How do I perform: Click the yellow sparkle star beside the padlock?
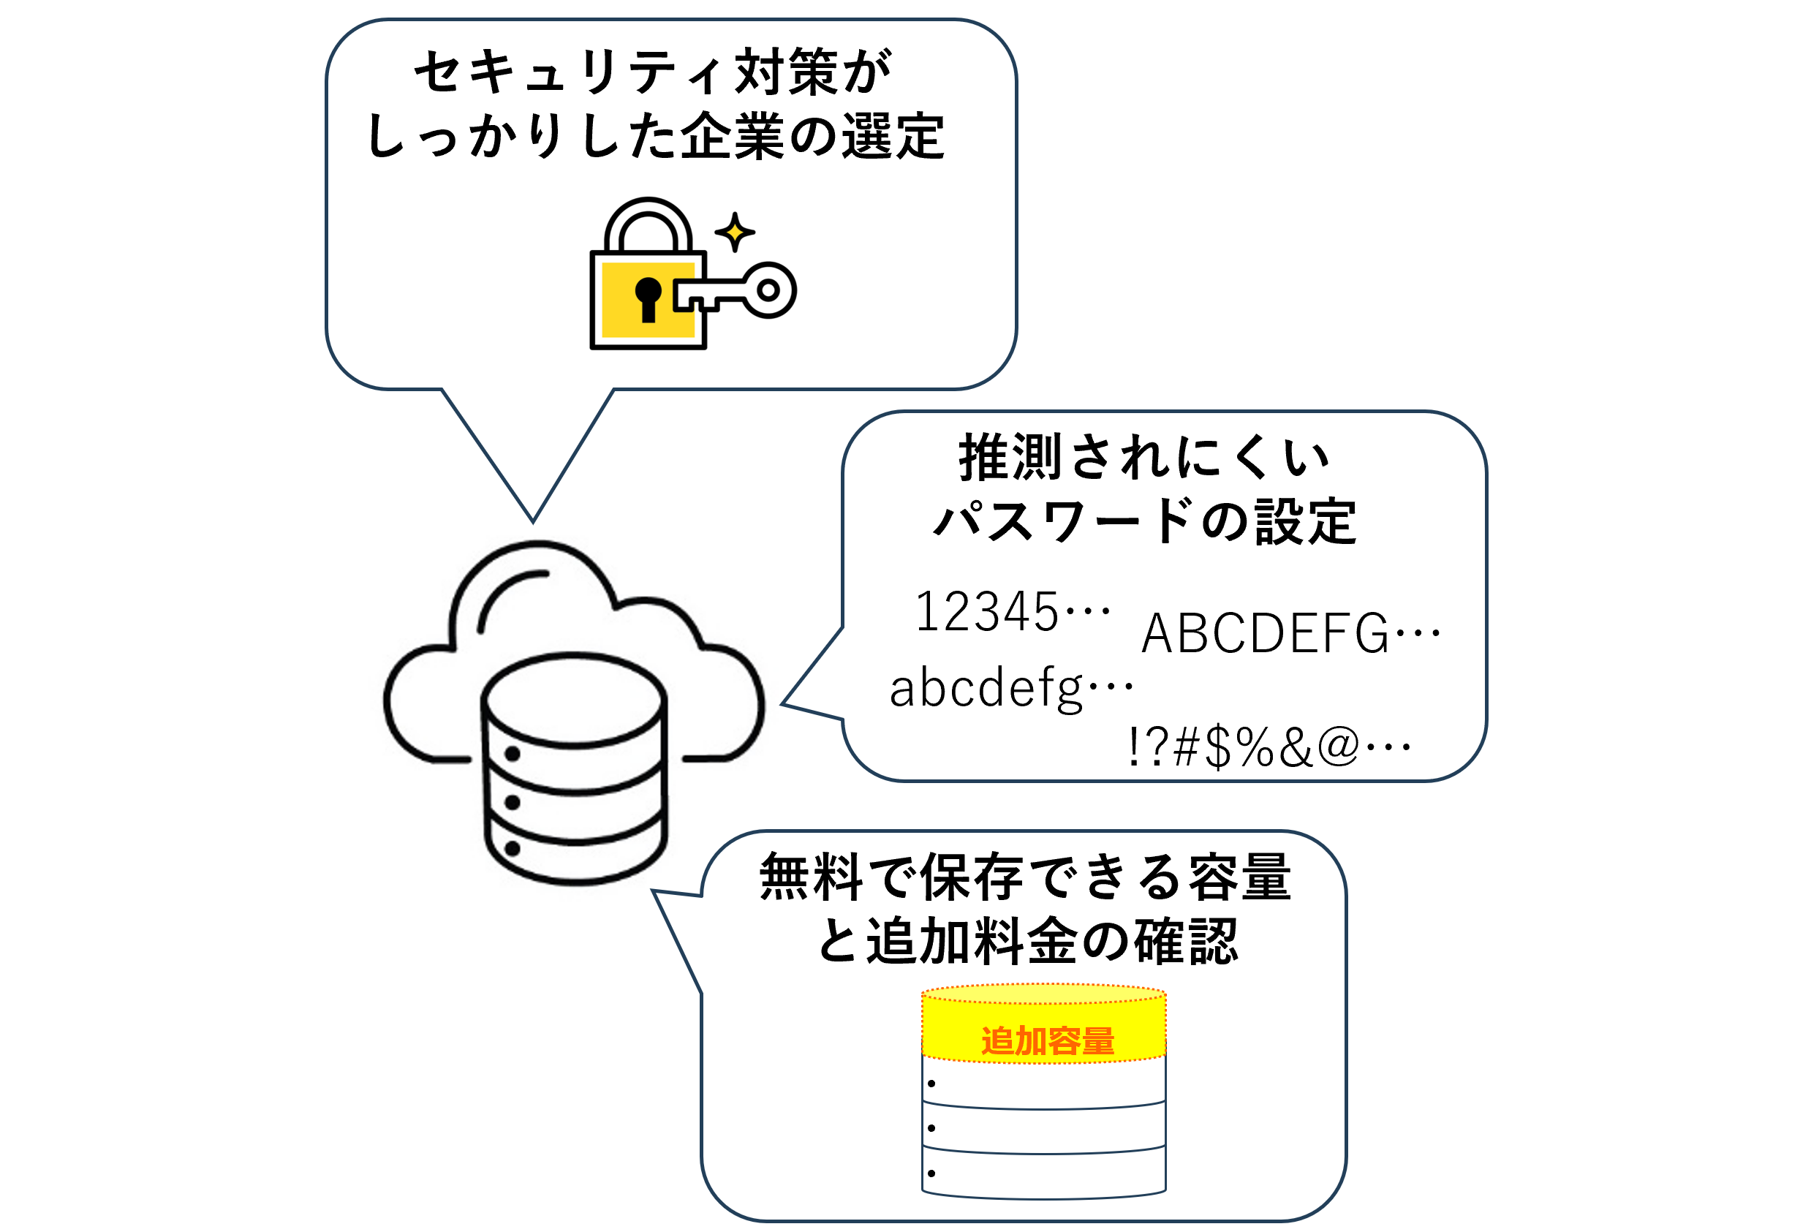(734, 233)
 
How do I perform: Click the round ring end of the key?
(768, 290)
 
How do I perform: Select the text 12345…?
(1011, 612)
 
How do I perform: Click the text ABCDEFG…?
(1290, 632)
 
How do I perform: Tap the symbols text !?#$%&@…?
(1269, 747)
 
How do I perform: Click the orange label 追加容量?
(1047, 1041)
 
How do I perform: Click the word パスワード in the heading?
(1064, 521)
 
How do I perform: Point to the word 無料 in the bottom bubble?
(810, 876)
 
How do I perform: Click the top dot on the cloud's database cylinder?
(512, 754)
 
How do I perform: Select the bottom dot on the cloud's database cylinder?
(512, 848)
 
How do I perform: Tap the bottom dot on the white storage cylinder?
(931, 1173)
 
